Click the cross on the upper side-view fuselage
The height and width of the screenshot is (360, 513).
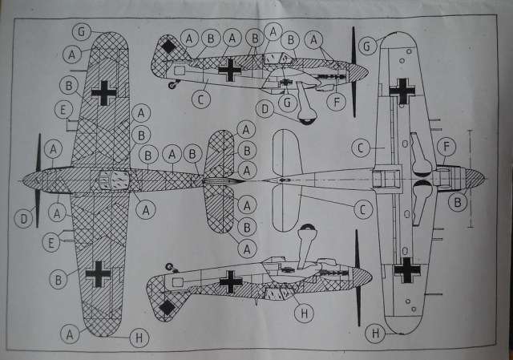pos(231,70)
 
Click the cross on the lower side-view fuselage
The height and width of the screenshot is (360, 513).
pos(232,281)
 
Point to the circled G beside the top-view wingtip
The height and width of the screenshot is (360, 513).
pos(79,31)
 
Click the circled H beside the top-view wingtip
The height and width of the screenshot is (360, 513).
pos(138,338)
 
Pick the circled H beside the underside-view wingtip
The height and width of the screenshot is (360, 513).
pos(374,332)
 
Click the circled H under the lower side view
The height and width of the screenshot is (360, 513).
pos(302,312)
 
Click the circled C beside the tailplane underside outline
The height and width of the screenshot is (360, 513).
pos(363,210)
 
